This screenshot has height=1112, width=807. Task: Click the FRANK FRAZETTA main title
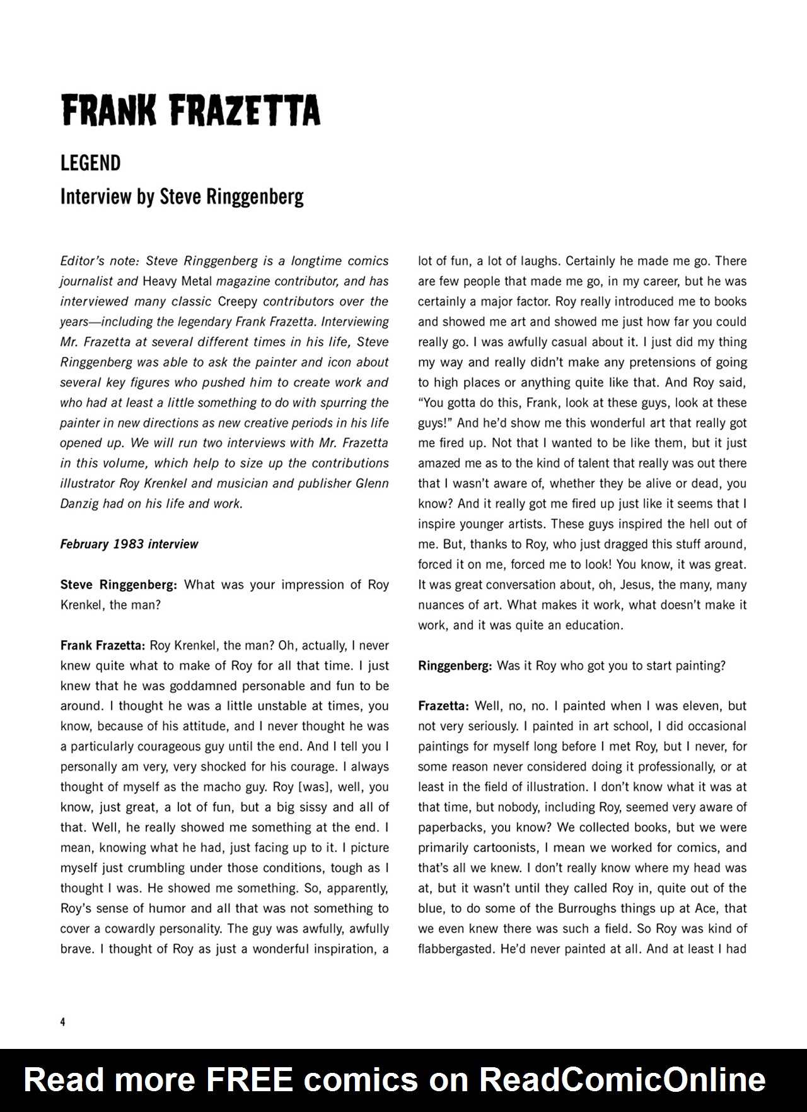click(190, 112)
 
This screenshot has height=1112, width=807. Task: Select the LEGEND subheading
click(90, 163)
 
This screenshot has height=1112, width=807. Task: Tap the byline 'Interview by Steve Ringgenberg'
click(182, 197)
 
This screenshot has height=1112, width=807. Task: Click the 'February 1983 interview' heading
click(129, 544)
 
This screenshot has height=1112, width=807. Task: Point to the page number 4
click(62, 1022)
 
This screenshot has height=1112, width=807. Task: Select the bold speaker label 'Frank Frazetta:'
click(103, 645)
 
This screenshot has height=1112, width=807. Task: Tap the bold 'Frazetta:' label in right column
click(443, 706)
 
